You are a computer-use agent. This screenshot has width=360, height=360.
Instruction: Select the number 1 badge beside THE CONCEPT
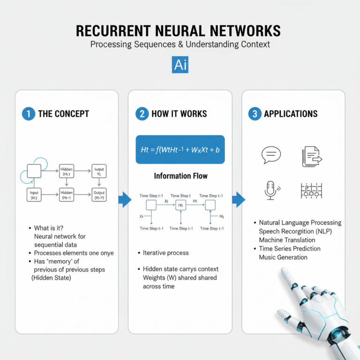[x=29, y=114]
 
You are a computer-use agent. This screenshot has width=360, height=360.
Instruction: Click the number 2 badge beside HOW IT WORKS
[x=142, y=114]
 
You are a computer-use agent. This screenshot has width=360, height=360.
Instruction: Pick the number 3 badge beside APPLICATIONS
[x=255, y=114]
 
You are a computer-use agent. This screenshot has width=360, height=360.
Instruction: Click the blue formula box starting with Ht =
[x=180, y=150]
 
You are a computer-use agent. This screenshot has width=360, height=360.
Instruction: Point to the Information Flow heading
[x=180, y=176]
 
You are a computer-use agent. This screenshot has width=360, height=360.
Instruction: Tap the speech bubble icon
[x=271, y=155]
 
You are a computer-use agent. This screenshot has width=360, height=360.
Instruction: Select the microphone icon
[x=270, y=190]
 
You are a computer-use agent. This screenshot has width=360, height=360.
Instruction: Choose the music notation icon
[x=311, y=190]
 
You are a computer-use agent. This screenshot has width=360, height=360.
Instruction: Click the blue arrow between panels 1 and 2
[x=124, y=200]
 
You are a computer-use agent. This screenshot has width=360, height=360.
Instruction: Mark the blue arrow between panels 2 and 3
[x=238, y=200]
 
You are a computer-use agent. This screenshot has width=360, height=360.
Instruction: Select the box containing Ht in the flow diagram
[x=181, y=205]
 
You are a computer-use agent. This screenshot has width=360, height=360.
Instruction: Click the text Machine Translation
[x=287, y=240]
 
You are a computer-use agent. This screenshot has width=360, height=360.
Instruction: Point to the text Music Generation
[x=283, y=257]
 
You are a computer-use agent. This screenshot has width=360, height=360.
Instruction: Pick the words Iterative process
[x=166, y=253]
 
